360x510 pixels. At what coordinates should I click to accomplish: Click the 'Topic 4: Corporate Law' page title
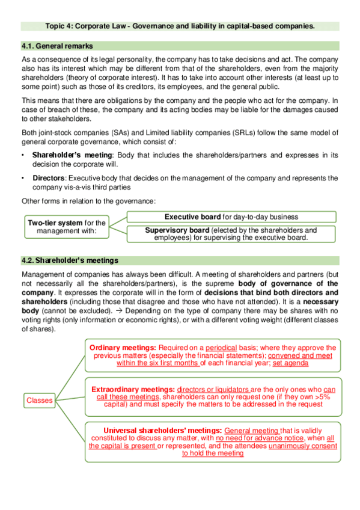[x=180, y=26]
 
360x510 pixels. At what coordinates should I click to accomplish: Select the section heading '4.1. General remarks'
[x=56, y=46]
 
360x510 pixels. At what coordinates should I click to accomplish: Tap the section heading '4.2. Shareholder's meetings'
[x=69, y=260]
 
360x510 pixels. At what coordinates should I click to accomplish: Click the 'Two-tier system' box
[x=66, y=227]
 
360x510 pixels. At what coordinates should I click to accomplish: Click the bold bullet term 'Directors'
[x=49, y=178]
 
